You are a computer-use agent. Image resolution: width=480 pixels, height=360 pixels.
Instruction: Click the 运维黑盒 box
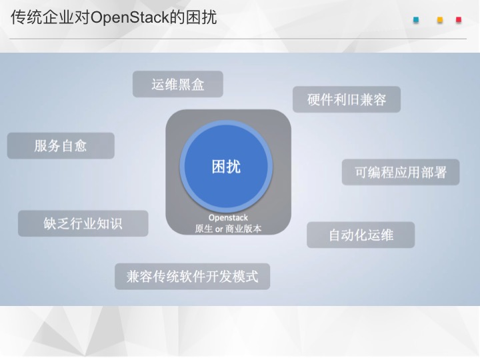(x=178, y=84)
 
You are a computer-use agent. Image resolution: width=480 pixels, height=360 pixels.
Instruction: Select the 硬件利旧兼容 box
(x=347, y=99)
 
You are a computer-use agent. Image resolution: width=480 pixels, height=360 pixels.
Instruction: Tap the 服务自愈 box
(x=61, y=146)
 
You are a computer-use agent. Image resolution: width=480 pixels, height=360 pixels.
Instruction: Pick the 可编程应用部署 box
(x=401, y=172)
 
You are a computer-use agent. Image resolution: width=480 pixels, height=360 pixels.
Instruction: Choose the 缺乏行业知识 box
(x=83, y=223)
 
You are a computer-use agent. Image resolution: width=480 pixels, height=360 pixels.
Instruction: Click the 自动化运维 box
(x=361, y=235)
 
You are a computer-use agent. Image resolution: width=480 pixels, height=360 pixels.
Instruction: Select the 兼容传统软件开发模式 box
(x=192, y=277)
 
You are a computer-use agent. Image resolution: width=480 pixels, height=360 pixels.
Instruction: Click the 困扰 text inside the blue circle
(x=226, y=167)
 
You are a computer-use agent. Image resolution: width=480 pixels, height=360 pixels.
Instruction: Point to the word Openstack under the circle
(x=228, y=218)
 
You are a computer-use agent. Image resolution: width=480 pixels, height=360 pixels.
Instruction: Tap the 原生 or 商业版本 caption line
(x=228, y=229)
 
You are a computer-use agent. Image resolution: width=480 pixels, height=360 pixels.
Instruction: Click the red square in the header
(x=459, y=20)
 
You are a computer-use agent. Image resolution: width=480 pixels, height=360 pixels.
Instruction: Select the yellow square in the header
(x=440, y=20)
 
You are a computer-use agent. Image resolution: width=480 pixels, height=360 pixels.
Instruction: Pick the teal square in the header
(x=416, y=20)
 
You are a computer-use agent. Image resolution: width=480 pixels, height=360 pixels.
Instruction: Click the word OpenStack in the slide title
(x=130, y=17)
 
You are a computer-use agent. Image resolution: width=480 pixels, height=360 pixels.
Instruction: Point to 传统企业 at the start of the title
(x=43, y=17)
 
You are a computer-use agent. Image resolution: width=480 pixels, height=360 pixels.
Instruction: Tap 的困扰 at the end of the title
(x=193, y=17)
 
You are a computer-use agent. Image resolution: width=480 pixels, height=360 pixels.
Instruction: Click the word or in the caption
(x=219, y=229)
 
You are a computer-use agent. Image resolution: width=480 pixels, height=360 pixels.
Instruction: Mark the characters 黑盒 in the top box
(x=191, y=85)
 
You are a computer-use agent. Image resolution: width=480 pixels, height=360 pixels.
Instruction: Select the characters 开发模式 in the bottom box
(x=232, y=277)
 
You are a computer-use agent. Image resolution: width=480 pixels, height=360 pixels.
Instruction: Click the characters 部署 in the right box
(x=433, y=173)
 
